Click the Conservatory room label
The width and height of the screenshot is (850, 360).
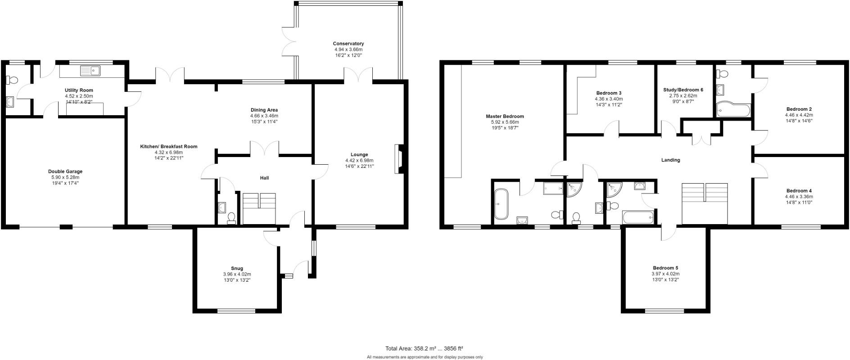pos(348,44)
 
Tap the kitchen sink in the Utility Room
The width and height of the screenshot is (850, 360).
pos(90,71)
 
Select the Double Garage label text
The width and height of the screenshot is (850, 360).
pos(65,171)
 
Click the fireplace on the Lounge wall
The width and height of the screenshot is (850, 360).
pos(398,159)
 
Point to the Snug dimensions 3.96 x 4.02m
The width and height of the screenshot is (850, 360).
pos(237,274)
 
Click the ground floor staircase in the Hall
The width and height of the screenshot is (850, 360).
pos(259,208)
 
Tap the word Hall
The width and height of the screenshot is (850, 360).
pos(264,178)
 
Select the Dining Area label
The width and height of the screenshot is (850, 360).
pos(264,110)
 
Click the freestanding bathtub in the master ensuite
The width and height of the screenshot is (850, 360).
pos(501,204)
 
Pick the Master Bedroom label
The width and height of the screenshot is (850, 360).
pos(505,116)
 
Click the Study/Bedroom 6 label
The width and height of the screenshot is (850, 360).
pos(683,90)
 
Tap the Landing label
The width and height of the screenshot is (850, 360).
pos(670,160)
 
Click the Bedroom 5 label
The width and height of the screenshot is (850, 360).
pos(665,268)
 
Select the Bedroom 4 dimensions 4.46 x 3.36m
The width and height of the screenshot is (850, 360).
pos(799,196)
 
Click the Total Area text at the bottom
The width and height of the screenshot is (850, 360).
pos(424,348)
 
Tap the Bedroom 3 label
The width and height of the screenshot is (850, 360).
pos(609,93)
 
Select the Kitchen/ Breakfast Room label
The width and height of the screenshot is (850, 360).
pos(168,146)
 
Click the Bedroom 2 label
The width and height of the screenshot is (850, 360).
pos(799,109)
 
